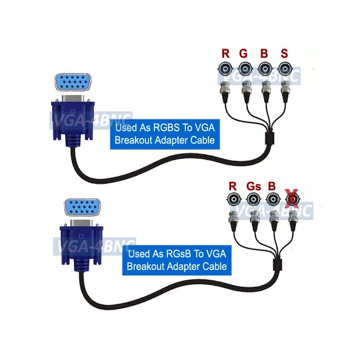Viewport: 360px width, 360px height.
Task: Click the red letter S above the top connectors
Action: point(284,54)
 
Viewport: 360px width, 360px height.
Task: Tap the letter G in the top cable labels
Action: point(243,54)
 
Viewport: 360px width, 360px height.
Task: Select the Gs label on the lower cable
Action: point(253,186)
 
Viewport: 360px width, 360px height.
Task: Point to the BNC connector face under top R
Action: point(225,69)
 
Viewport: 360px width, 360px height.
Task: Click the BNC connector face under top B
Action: point(265,69)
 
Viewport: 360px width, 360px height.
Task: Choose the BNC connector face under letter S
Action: point(284,69)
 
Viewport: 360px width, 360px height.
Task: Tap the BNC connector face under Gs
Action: point(253,199)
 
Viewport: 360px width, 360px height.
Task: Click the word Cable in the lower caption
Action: point(215,266)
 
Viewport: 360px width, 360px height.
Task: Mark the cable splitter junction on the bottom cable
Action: point(278,262)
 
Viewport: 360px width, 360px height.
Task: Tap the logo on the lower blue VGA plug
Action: point(81,236)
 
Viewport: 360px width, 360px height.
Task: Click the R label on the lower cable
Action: point(233,186)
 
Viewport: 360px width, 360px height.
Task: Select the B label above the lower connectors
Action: point(271,186)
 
